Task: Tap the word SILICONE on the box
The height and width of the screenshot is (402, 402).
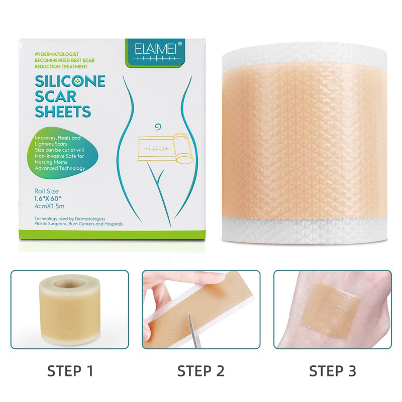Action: (x=70, y=81)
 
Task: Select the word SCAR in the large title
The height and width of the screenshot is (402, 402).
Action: (x=55, y=96)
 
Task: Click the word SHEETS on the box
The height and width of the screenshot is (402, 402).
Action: (x=63, y=112)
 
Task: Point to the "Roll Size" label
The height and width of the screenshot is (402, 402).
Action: (x=46, y=191)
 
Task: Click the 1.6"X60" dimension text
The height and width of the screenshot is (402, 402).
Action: (x=48, y=198)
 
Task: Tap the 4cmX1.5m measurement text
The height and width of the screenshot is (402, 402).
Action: (x=49, y=206)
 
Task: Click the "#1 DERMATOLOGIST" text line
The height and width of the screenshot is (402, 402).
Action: (x=57, y=54)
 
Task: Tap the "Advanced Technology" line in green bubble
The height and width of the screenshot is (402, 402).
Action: (x=60, y=168)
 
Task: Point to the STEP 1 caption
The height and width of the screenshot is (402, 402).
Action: (x=70, y=371)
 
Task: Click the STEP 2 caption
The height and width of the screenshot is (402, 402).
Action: (x=200, y=371)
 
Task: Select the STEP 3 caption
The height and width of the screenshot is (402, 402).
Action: (x=333, y=371)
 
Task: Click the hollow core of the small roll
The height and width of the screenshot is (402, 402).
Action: (x=69, y=284)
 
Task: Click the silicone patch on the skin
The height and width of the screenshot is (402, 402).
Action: (x=331, y=310)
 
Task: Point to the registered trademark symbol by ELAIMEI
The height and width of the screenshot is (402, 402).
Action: (x=180, y=44)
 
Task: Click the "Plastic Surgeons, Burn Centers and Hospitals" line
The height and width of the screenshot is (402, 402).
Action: (x=78, y=224)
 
